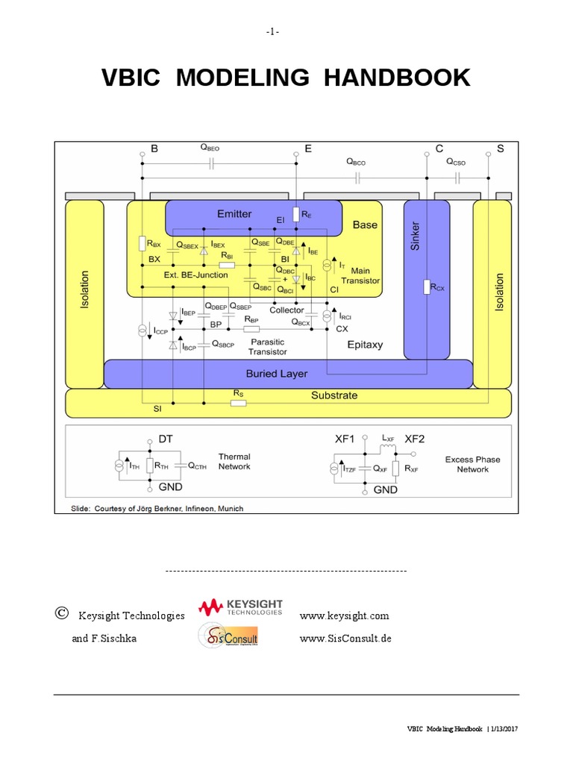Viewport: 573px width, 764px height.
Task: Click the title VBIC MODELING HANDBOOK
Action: (x=286, y=78)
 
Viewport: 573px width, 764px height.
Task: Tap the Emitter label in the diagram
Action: (x=234, y=214)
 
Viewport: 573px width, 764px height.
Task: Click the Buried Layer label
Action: (x=276, y=373)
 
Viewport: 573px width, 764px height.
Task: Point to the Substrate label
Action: (x=334, y=395)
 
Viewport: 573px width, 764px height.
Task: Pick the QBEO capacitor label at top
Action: (x=210, y=148)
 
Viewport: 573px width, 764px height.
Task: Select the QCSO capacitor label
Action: (x=456, y=161)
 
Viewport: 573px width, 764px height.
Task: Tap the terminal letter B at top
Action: (x=154, y=149)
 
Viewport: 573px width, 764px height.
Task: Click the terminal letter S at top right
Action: (x=500, y=149)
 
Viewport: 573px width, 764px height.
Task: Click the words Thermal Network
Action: (x=234, y=462)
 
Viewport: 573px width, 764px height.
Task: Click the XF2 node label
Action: (x=415, y=440)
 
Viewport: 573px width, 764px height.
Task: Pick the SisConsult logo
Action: (x=228, y=637)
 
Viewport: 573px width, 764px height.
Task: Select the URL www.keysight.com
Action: (x=344, y=616)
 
